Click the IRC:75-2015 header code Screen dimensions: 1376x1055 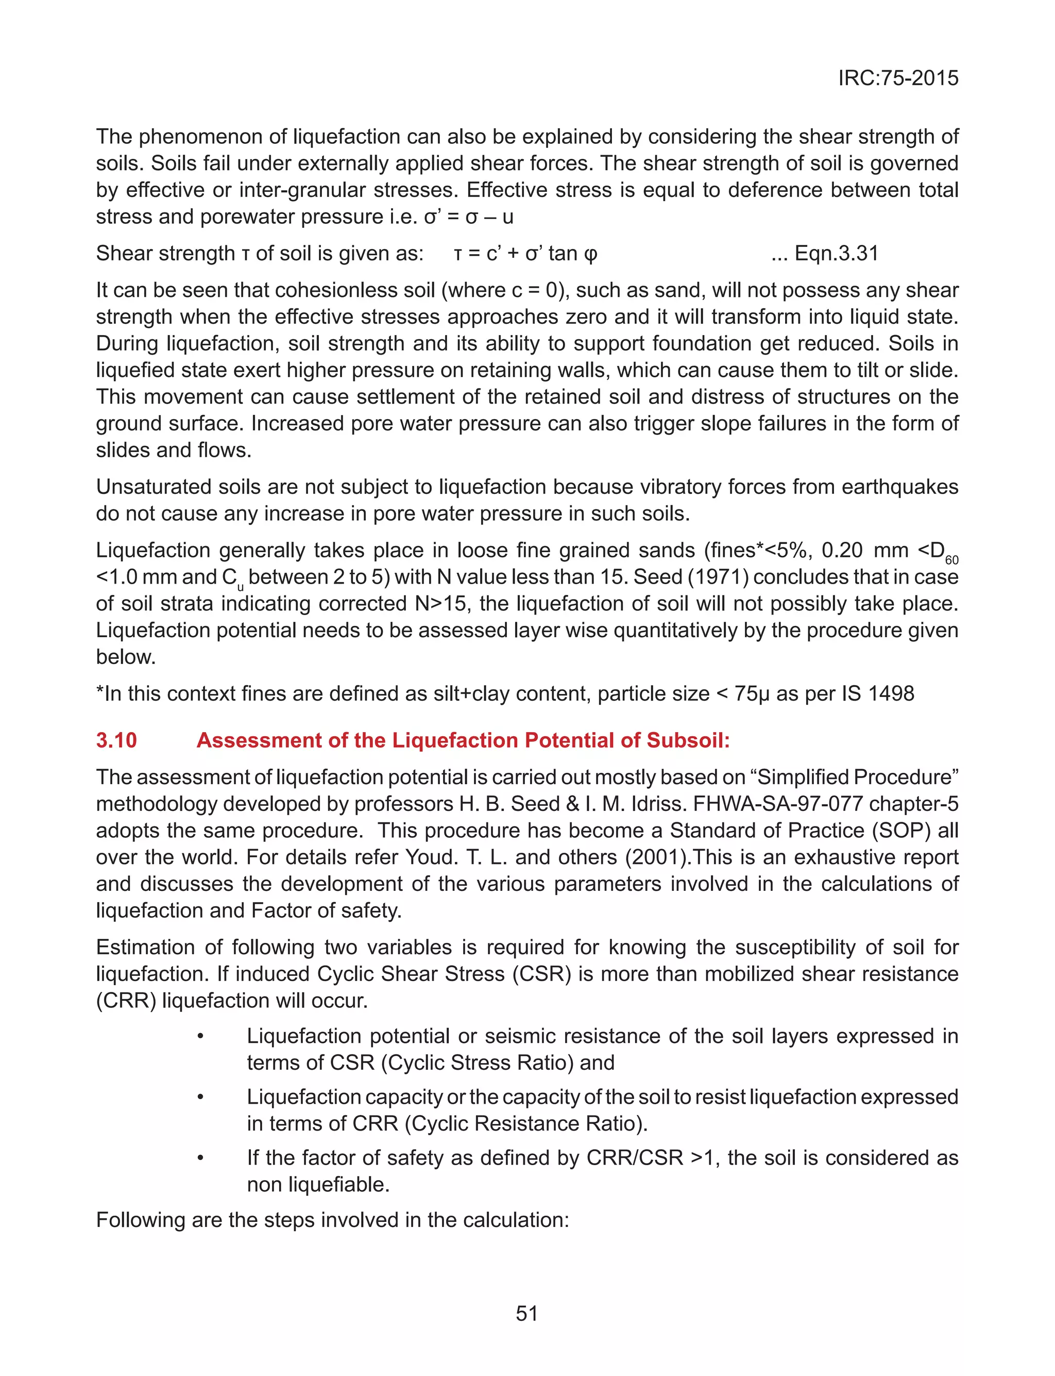click(897, 78)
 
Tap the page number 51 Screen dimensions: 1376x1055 click(526, 1313)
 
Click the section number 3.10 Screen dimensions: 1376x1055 click(116, 740)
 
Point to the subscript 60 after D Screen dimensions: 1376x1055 click(951, 560)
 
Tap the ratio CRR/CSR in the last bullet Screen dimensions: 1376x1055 click(634, 1157)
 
